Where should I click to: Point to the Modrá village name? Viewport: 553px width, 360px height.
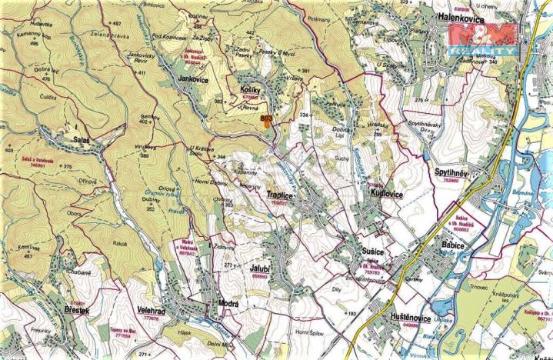(x=228, y=304)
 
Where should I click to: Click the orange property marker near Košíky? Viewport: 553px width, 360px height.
(x=266, y=119)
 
